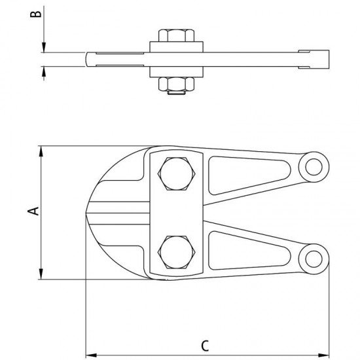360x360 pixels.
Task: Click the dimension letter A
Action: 33,211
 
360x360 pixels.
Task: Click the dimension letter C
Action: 205,346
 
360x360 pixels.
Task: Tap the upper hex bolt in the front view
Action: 176,174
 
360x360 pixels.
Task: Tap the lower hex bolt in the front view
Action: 176,252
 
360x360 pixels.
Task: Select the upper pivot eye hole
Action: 314,167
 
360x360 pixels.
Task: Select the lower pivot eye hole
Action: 314,259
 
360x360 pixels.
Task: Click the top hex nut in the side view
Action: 176,35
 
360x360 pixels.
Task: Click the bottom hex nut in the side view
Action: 176,84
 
